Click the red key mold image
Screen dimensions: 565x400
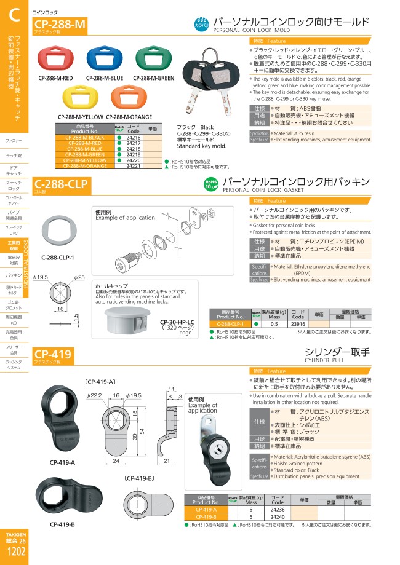(57, 58)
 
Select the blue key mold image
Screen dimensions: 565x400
(105, 58)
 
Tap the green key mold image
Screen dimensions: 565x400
(153, 58)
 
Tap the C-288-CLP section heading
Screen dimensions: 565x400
(62, 183)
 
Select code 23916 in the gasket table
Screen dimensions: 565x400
(298, 323)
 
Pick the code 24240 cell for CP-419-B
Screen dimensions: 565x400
(278, 517)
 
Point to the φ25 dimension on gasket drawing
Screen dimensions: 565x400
(79, 277)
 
